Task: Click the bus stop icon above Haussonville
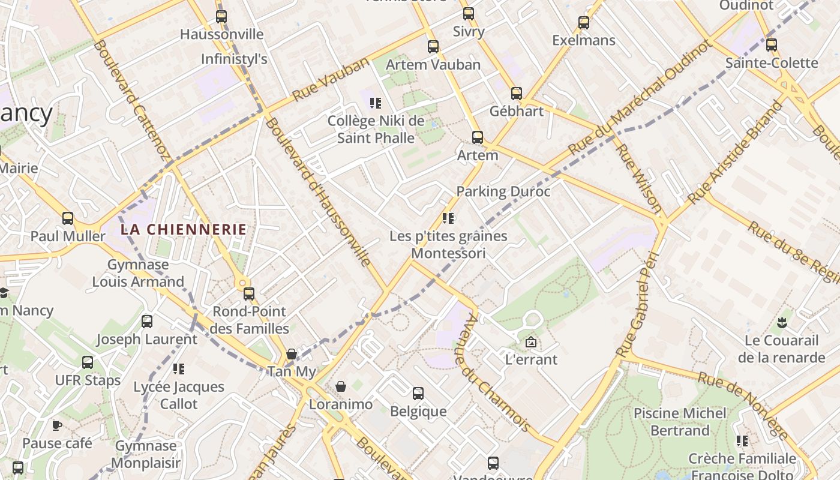221,16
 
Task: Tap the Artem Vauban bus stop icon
433,46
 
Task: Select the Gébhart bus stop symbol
517,93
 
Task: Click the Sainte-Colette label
772,63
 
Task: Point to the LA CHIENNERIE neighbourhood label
184,229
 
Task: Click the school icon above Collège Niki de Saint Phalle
376,103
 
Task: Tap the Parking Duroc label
503,192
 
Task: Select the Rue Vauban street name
331,79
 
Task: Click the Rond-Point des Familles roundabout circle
242,283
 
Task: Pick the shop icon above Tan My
292,354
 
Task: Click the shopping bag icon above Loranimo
341,386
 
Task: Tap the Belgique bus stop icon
418,394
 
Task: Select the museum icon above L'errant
531,343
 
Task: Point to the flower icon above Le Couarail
781,323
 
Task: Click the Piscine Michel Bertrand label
680,422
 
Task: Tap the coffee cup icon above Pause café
57,426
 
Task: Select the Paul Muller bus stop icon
68,218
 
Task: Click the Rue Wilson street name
640,179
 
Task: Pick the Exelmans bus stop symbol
584,23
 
